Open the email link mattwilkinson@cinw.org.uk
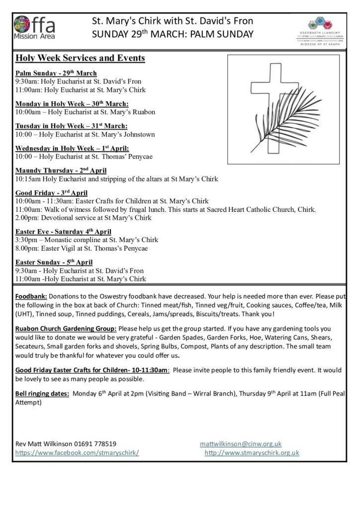pos(241,443)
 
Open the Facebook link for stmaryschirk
pos(77,453)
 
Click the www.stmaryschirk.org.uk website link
pos(252,453)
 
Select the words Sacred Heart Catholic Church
pos(266,209)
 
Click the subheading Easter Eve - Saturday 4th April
pos(63,231)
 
